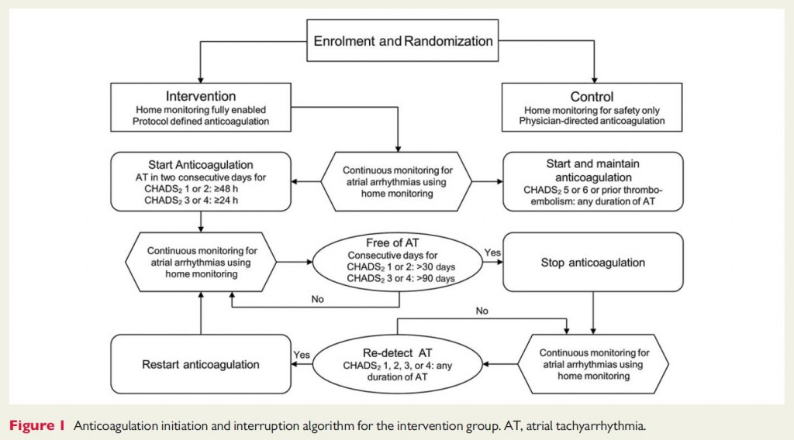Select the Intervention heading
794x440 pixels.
tap(202, 97)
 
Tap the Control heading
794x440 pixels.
tap(592, 97)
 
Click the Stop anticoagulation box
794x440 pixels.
tap(592, 262)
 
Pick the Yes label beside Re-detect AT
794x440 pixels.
tap(302, 354)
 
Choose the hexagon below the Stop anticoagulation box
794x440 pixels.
tap(592, 363)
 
